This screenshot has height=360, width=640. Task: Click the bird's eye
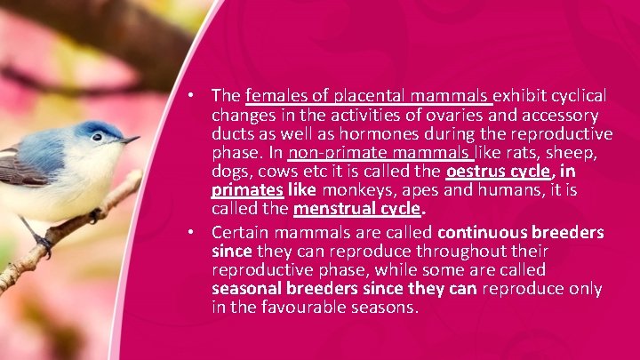coord(97,137)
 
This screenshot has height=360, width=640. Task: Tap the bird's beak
coord(130,140)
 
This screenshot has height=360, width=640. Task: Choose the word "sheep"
coord(576,153)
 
